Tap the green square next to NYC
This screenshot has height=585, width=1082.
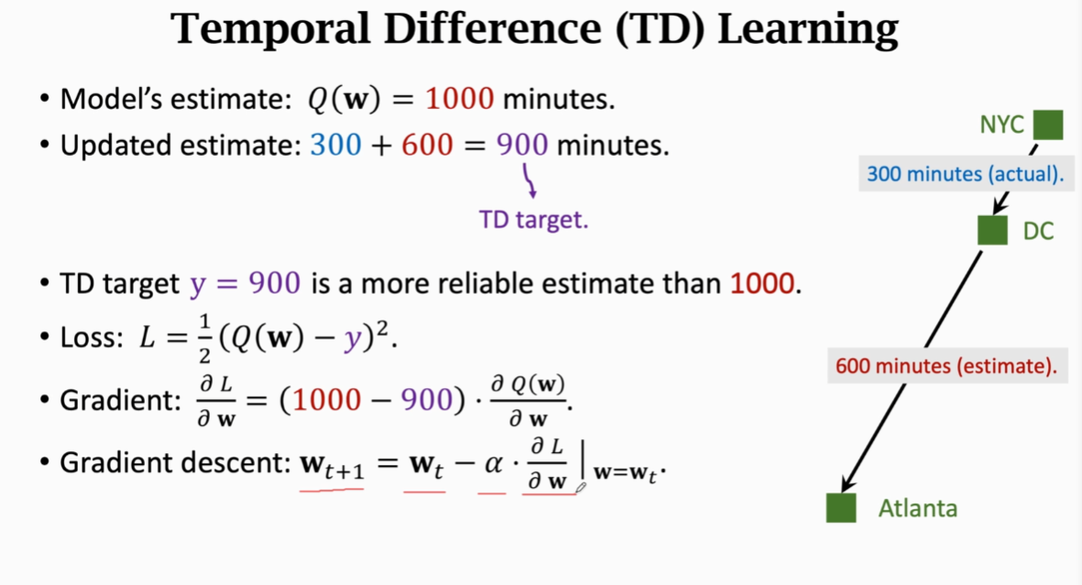(1047, 125)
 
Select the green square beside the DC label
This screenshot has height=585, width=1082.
(992, 230)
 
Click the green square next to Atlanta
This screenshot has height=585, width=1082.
(841, 508)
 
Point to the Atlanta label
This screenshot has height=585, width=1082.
(918, 508)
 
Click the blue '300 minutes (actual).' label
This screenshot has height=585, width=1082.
(965, 174)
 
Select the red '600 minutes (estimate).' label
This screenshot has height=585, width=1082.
(946, 365)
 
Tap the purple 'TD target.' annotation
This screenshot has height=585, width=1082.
(533, 220)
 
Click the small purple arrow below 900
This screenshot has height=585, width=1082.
(529, 180)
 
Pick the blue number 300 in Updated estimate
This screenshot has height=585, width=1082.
(335, 145)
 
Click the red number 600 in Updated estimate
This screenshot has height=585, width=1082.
(427, 145)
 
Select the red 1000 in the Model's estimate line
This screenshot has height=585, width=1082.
(460, 99)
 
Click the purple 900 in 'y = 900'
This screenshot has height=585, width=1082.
(275, 283)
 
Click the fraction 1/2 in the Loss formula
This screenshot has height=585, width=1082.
(205, 339)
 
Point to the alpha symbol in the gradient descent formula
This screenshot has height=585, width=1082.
(493, 463)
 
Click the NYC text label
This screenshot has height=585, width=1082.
(1002, 125)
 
